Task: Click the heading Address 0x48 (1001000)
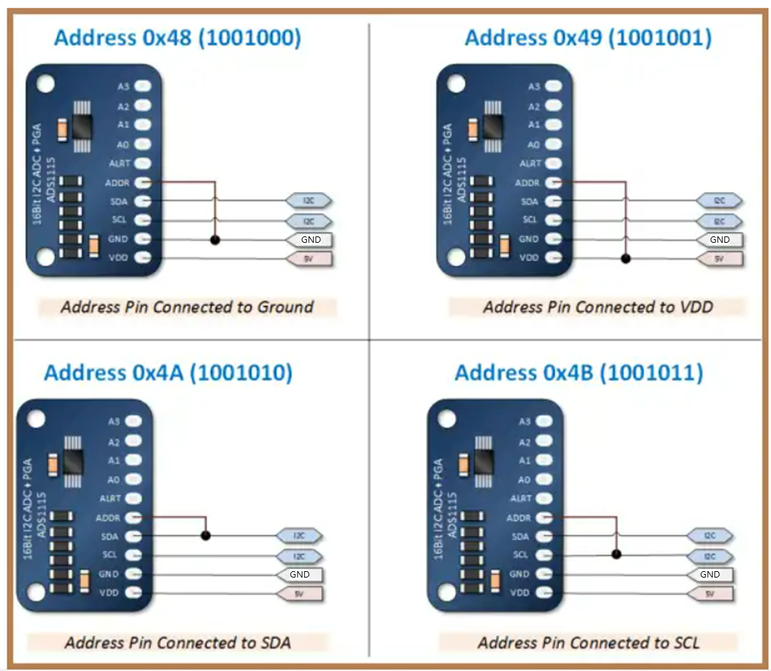click(177, 38)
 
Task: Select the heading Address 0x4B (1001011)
click(578, 372)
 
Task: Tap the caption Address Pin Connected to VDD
click(597, 306)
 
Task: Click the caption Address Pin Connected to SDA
click(178, 642)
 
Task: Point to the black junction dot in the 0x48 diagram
click(215, 240)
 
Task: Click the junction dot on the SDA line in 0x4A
click(206, 536)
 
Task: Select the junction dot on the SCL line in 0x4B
click(617, 555)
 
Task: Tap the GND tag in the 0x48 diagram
click(310, 239)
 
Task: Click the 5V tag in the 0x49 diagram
click(720, 259)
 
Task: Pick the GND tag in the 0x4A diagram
click(300, 574)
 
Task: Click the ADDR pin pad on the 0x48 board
click(142, 183)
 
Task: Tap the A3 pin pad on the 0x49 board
click(553, 86)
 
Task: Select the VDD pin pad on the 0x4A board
click(133, 592)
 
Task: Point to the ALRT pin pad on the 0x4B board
click(544, 498)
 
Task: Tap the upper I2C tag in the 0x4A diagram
click(300, 536)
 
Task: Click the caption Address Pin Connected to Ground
click(186, 306)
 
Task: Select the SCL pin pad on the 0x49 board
click(553, 220)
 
